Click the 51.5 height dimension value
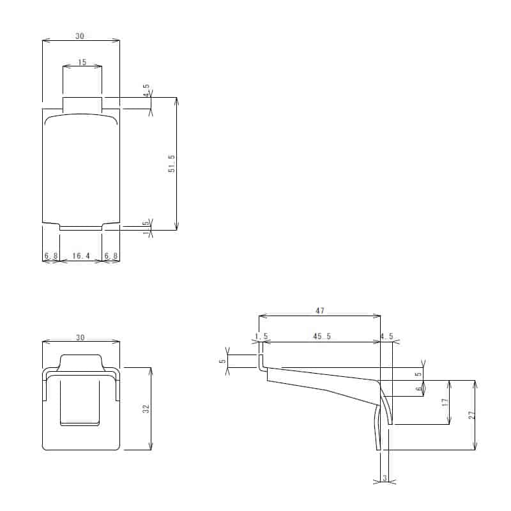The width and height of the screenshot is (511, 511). [171, 164]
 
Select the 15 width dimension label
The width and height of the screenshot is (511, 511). [82, 62]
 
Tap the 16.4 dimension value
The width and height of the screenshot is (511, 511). [80, 256]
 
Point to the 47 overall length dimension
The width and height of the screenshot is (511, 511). [319, 310]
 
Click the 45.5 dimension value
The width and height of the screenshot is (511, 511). [321, 337]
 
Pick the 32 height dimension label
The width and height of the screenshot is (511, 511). [146, 408]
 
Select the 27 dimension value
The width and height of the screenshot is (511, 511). [471, 415]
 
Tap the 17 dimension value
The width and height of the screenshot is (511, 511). [445, 402]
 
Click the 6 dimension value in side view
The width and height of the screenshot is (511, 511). [419, 388]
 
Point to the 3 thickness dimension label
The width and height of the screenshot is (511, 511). [384, 477]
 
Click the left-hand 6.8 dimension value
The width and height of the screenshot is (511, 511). [50, 256]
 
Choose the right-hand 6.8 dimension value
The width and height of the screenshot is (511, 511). [111, 256]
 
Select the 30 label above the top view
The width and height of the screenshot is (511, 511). [80, 36]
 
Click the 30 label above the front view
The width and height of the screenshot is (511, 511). [80, 338]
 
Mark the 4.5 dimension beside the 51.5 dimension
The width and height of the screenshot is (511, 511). [146, 90]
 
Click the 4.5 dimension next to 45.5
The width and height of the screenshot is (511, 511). [386, 337]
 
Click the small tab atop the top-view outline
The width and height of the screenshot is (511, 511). [82, 103]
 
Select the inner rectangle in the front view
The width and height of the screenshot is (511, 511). [80, 402]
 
